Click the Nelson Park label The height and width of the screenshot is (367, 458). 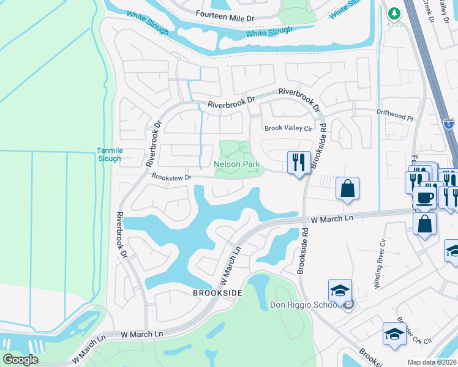click(x=237, y=165)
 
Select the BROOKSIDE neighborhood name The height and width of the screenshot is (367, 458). click(x=217, y=293)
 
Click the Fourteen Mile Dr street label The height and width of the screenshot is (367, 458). click(x=225, y=18)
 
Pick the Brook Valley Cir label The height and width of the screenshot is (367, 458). click(x=288, y=128)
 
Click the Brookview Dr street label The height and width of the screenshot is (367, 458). click(x=172, y=177)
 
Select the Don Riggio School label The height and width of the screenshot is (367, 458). click(x=304, y=305)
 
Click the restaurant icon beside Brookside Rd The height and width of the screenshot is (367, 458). click(x=298, y=163)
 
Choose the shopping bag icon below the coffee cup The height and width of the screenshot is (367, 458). click(x=424, y=223)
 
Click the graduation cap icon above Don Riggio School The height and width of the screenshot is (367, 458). click(x=340, y=290)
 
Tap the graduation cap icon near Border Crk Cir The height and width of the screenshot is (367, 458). click(x=394, y=334)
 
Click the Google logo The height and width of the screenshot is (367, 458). click(x=20, y=360)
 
